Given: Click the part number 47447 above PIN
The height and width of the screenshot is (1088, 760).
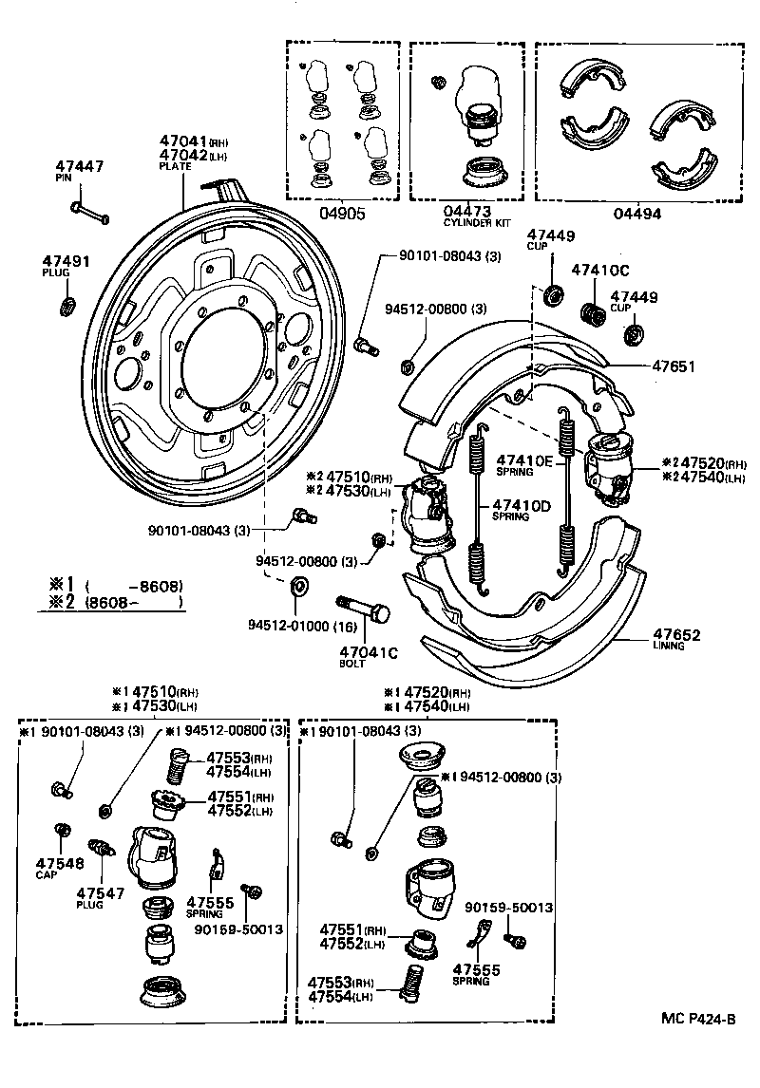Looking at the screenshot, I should (x=79, y=166).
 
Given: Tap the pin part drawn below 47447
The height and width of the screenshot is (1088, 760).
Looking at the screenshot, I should (x=89, y=210).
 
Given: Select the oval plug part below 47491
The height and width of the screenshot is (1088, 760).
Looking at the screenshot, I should (x=67, y=306).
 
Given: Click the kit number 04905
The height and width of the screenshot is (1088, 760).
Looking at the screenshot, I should (x=342, y=214).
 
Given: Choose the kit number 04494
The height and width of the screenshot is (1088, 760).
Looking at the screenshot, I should (x=636, y=214).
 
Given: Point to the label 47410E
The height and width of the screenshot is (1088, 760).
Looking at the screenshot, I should (x=523, y=460).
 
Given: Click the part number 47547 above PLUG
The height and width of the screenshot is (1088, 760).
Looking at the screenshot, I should (x=100, y=893).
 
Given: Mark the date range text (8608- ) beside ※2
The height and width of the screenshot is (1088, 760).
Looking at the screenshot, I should (x=133, y=602).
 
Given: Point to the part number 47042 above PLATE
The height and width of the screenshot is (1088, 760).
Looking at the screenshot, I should (x=181, y=155).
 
